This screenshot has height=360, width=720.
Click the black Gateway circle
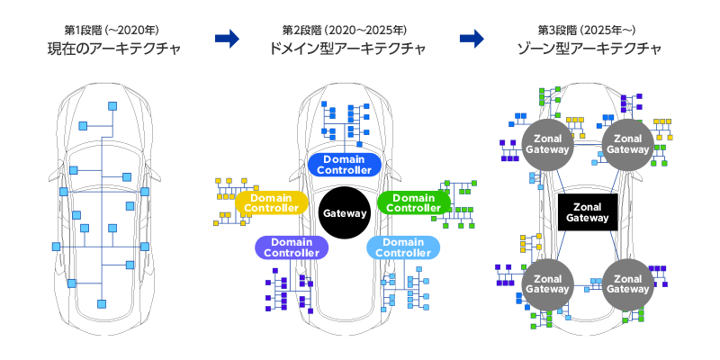344,214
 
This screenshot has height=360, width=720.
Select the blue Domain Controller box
346,164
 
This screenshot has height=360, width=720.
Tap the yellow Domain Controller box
272,202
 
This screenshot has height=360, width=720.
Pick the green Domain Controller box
415,202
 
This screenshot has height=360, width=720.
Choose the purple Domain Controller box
292,247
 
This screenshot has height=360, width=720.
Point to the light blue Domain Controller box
402,247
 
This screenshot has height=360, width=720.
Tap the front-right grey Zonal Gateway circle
626,143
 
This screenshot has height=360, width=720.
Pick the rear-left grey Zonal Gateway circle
547,283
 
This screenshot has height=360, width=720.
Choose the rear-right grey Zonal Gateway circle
626,283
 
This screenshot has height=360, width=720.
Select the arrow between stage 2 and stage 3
472,38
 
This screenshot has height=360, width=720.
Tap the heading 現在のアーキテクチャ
108,48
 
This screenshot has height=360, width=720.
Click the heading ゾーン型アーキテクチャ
586,48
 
